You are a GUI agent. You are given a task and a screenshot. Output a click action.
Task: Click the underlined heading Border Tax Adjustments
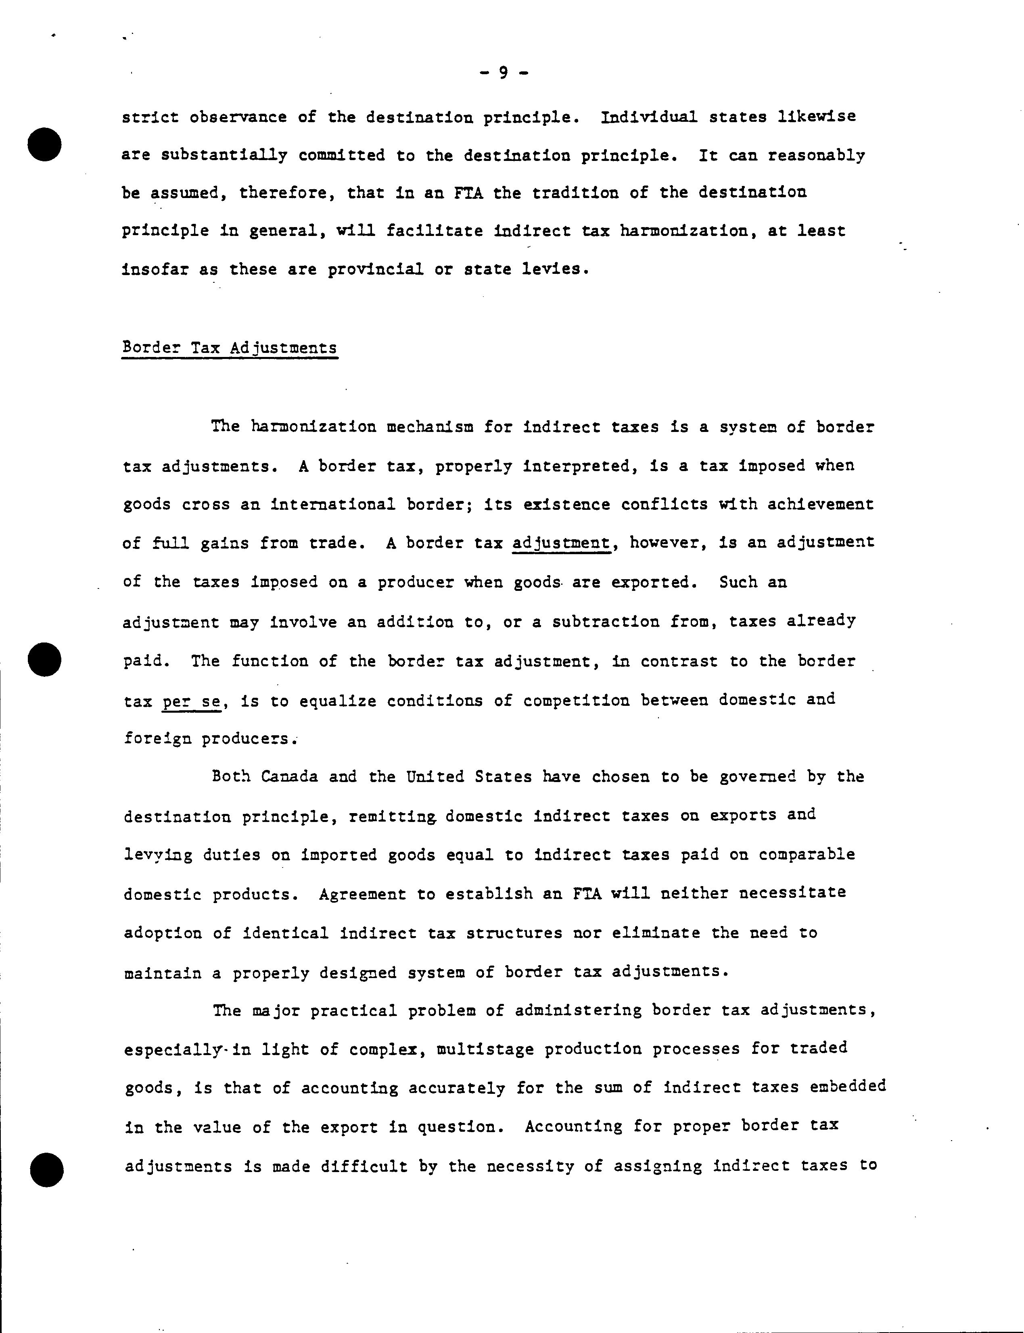point(230,348)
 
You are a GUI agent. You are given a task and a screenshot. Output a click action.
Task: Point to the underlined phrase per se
point(191,701)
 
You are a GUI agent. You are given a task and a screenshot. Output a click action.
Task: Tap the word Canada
point(290,777)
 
